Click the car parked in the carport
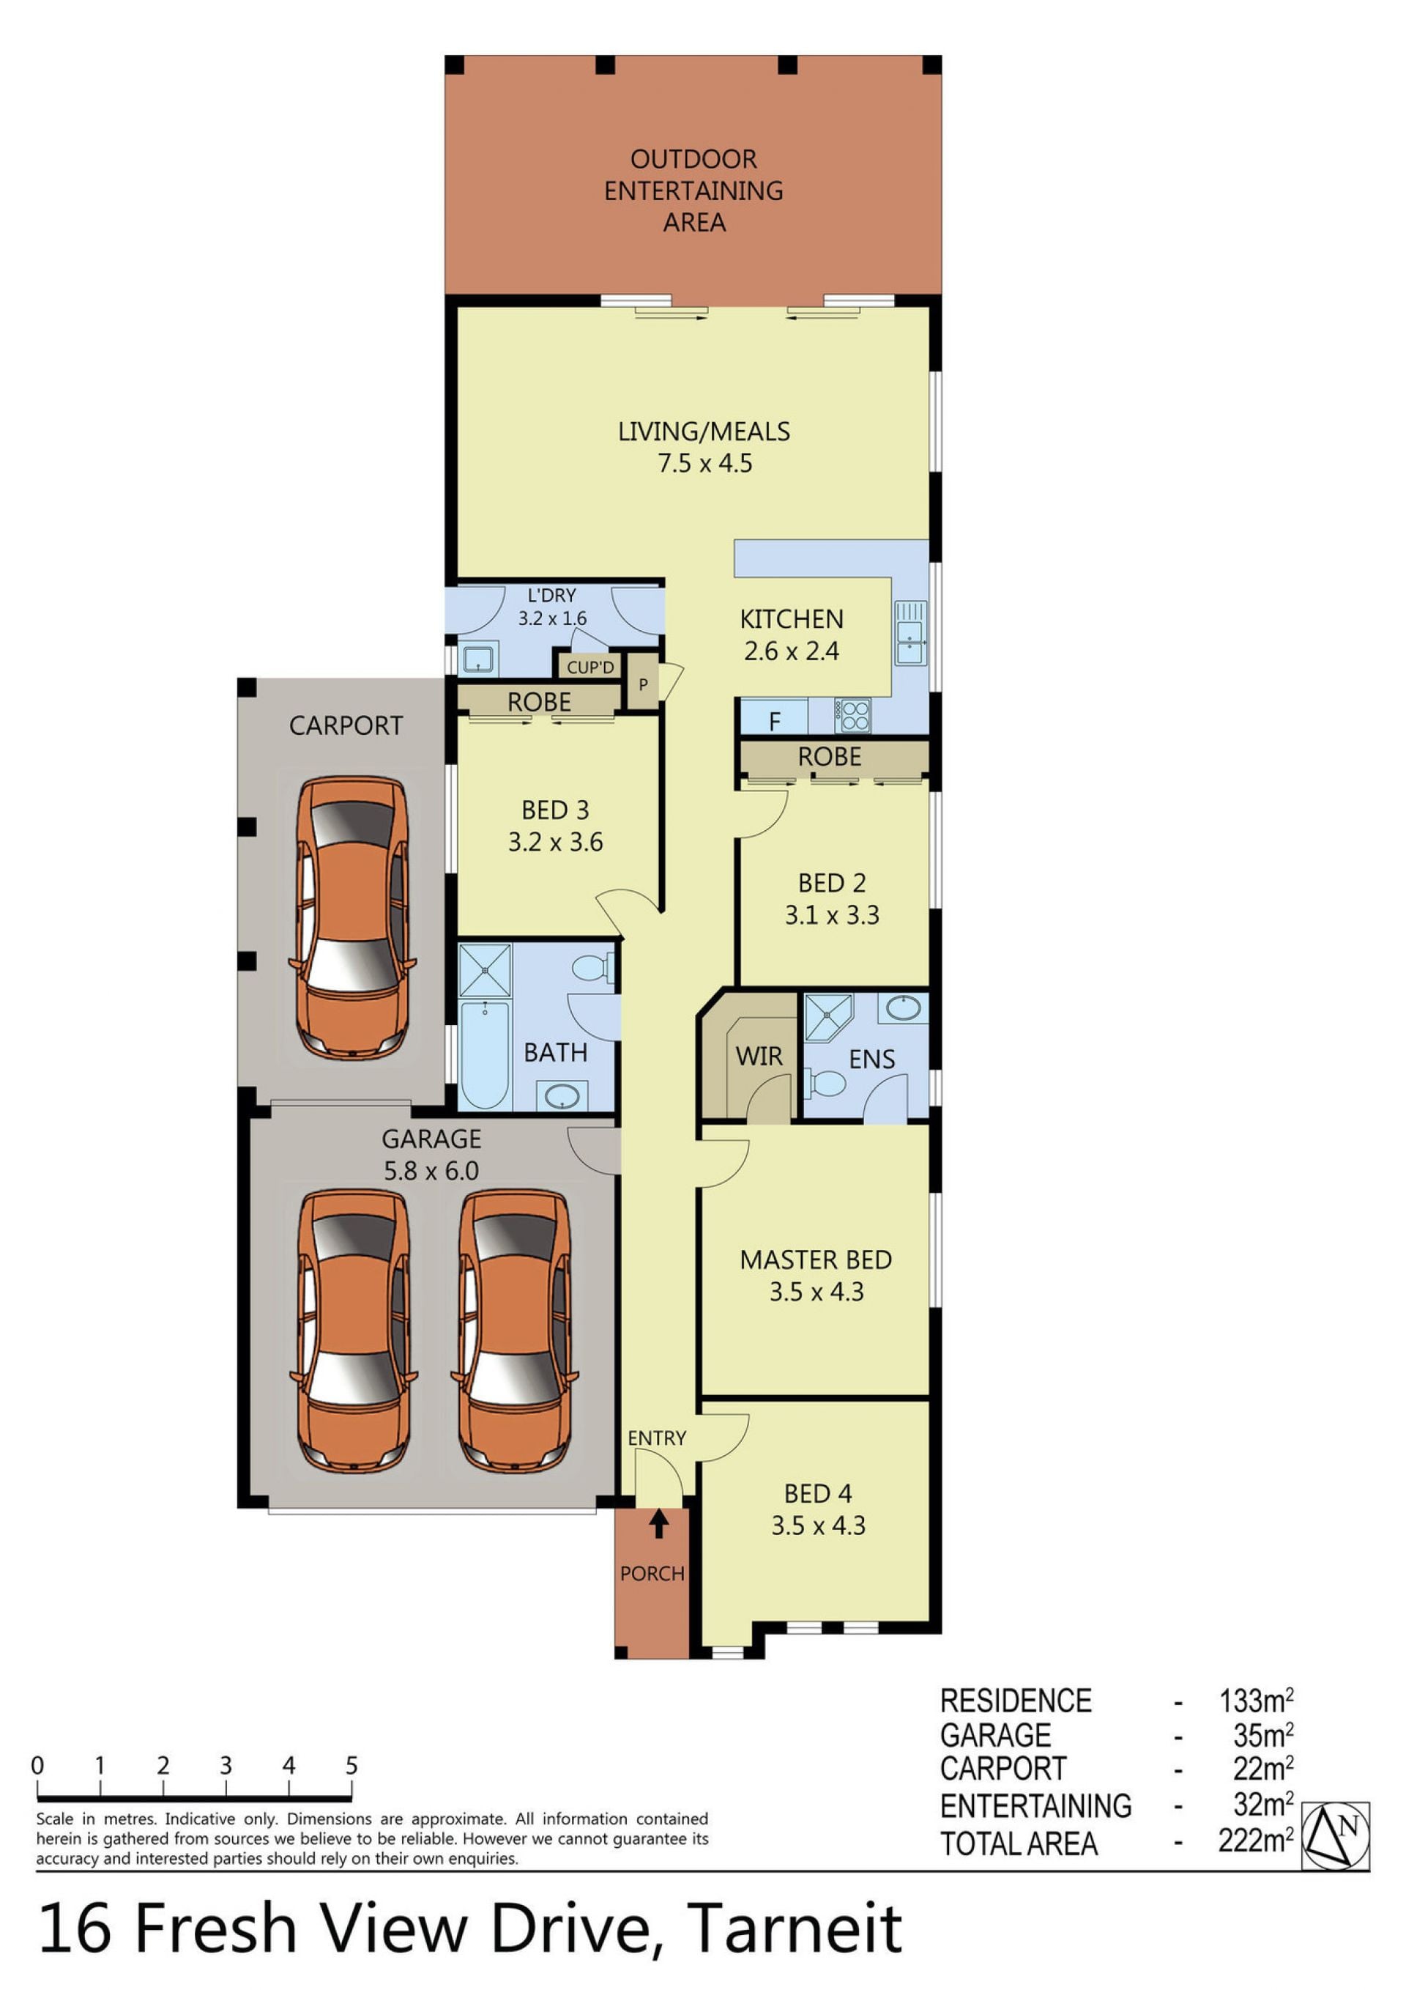[351, 917]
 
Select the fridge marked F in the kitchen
[773, 717]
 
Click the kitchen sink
[910, 633]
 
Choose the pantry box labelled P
[643, 684]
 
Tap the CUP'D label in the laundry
[590, 667]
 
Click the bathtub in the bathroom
[484, 1055]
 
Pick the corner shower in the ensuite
[829, 1017]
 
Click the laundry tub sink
[477, 659]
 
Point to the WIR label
[759, 1056]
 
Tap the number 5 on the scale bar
[351, 1766]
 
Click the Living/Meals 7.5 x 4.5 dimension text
[705, 463]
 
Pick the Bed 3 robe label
[539, 702]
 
